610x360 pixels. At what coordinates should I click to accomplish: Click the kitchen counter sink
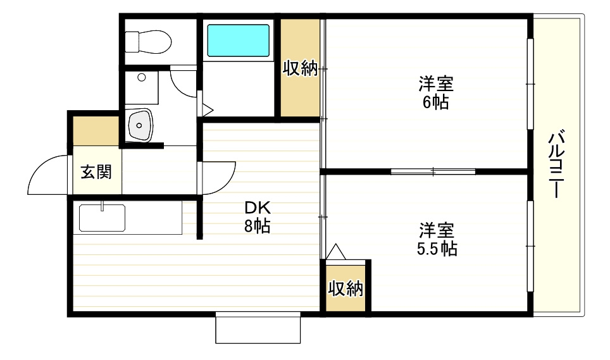102,218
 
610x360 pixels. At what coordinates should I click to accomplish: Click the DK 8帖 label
258,216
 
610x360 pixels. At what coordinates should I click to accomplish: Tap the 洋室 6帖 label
435,92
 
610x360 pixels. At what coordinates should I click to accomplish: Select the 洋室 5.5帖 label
437,239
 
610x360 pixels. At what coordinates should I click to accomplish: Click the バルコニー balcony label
556,164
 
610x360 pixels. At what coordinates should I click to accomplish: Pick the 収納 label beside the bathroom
300,68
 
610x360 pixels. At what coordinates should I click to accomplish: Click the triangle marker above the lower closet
335,252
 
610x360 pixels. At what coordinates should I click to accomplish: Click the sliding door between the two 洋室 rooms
433,171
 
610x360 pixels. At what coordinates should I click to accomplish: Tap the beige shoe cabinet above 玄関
96,130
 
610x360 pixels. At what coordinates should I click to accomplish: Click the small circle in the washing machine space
142,77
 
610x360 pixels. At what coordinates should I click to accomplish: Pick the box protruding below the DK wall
257,328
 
